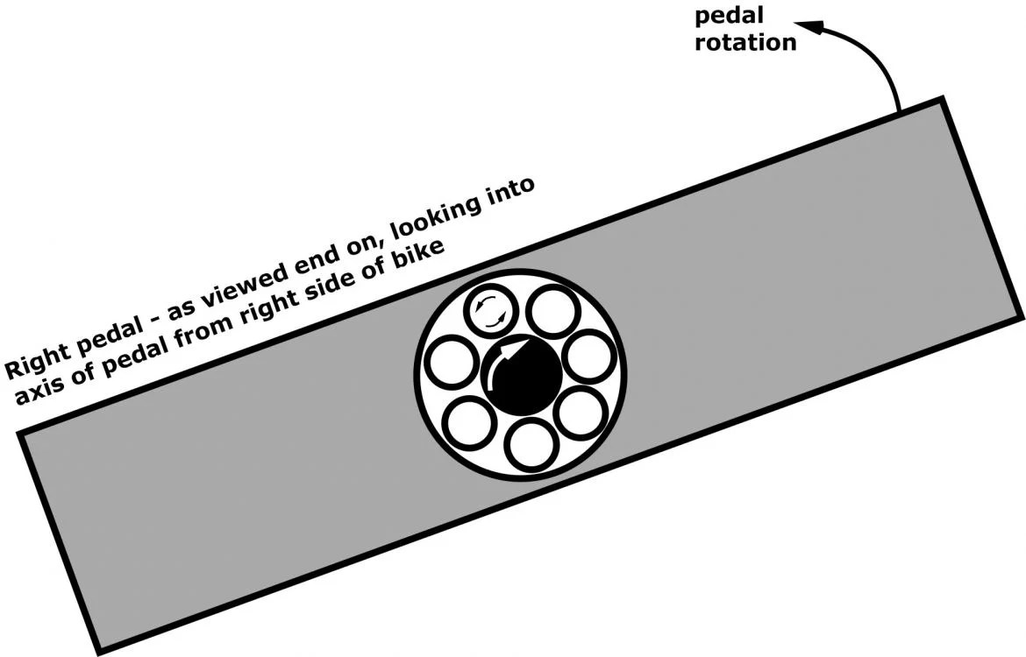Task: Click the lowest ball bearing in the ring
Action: tap(531, 444)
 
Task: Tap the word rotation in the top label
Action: tap(745, 41)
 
